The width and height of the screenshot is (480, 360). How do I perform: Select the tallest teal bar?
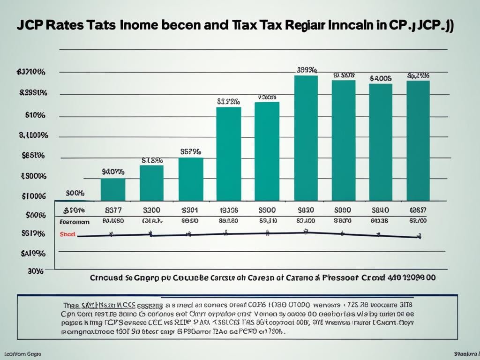pos(306,138)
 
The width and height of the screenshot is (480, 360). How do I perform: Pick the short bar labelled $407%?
pos(113,189)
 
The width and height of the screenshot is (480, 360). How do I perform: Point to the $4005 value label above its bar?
pos(380,78)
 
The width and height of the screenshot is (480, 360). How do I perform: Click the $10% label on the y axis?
pos(35,115)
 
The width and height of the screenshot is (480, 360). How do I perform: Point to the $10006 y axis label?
pos(34,196)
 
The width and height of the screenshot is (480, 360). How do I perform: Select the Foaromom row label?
pos(75,221)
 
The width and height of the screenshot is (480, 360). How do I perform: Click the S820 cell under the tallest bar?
pos(305,211)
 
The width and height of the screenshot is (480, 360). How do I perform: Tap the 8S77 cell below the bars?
pos(113,211)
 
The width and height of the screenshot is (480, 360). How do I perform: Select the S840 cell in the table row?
pos(380,211)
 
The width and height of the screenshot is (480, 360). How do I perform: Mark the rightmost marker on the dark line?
pos(419,237)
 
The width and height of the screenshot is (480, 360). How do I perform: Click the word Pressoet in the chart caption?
pos(341,277)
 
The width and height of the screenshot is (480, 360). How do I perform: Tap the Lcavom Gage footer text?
pos(21,352)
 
